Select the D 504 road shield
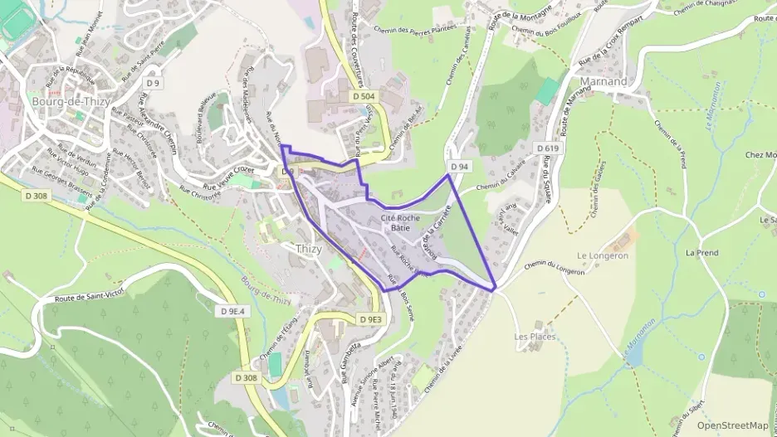click(x=362, y=97)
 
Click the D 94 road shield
click(x=460, y=167)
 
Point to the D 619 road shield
click(x=547, y=148)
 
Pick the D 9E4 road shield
click(x=235, y=311)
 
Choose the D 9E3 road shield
click(x=370, y=319)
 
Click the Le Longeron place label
click(x=603, y=255)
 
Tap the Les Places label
click(x=535, y=337)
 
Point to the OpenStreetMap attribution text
click(x=733, y=425)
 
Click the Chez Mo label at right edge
click(x=760, y=154)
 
